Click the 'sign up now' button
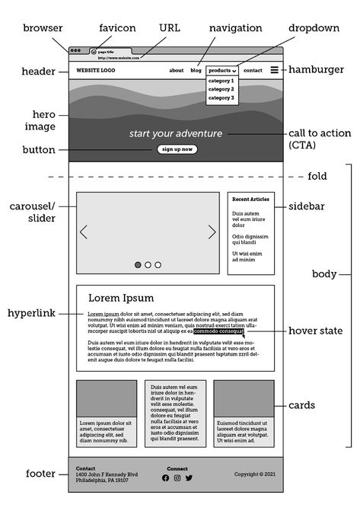tap(177, 149)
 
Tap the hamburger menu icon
tap(274, 70)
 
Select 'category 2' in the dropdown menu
tap(221, 89)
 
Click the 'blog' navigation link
tap(196, 70)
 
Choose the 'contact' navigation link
tap(253, 70)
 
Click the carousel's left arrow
tap(84, 232)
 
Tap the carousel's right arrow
tap(212, 232)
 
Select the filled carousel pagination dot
tap(138, 265)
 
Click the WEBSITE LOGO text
tap(96, 70)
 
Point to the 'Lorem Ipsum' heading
tap(121, 298)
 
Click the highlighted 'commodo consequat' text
tap(218, 331)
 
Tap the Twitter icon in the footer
tap(189, 477)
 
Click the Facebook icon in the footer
tap(166, 477)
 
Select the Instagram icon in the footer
tap(177, 477)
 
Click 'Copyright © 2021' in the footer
tap(255, 474)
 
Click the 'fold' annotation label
tap(317, 176)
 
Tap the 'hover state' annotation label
tap(315, 331)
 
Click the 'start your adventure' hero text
tap(176, 133)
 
